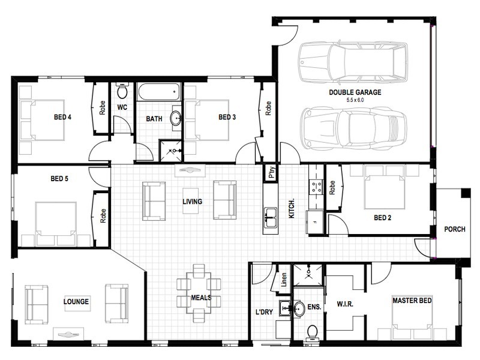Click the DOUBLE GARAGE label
click(355, 92)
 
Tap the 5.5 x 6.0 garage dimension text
click(355, 100)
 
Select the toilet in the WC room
click(122, 91)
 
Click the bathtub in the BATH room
click(158, 92)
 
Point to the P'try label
click(272, 173)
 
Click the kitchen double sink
click(271, 218)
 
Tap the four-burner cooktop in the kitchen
click(316, 187)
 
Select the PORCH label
click(455, 229)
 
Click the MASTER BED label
click(412, 301)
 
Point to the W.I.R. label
click(345, 304)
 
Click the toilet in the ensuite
click(312, 332)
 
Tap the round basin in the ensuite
click(299, 308)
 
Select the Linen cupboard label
click(284, 280)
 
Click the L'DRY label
click(264, 312)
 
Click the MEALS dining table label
click(201, 298)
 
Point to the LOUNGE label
click(76, 302)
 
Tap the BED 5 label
click(59, 178)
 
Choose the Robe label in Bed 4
click(102, 108)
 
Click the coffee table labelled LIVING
click(192, 202)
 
